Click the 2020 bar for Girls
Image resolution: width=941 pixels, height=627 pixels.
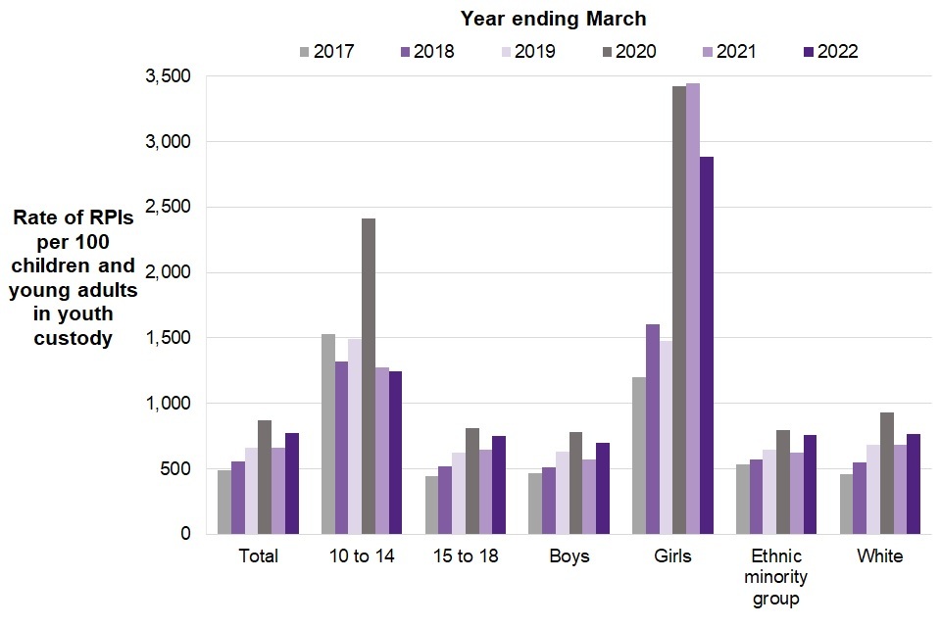click(679, 310)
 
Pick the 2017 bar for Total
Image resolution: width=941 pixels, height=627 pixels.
click(224, 502)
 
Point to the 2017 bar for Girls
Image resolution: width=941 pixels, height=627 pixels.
click(639, 456)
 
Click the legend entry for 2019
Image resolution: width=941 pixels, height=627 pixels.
click(527, 51)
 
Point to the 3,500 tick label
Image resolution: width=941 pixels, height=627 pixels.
click(168, 76)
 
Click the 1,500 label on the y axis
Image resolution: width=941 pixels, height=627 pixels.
click(168, 338)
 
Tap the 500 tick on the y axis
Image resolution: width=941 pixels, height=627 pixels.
click(176, 468)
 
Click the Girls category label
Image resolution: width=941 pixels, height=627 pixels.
click(672, 556)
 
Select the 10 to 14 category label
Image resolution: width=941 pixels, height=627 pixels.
click(362, 556)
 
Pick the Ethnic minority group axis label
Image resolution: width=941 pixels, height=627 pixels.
click(776, 577)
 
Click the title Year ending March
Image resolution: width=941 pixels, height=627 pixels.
click(553, 19)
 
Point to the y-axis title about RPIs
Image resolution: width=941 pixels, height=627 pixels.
click(74, 278)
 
